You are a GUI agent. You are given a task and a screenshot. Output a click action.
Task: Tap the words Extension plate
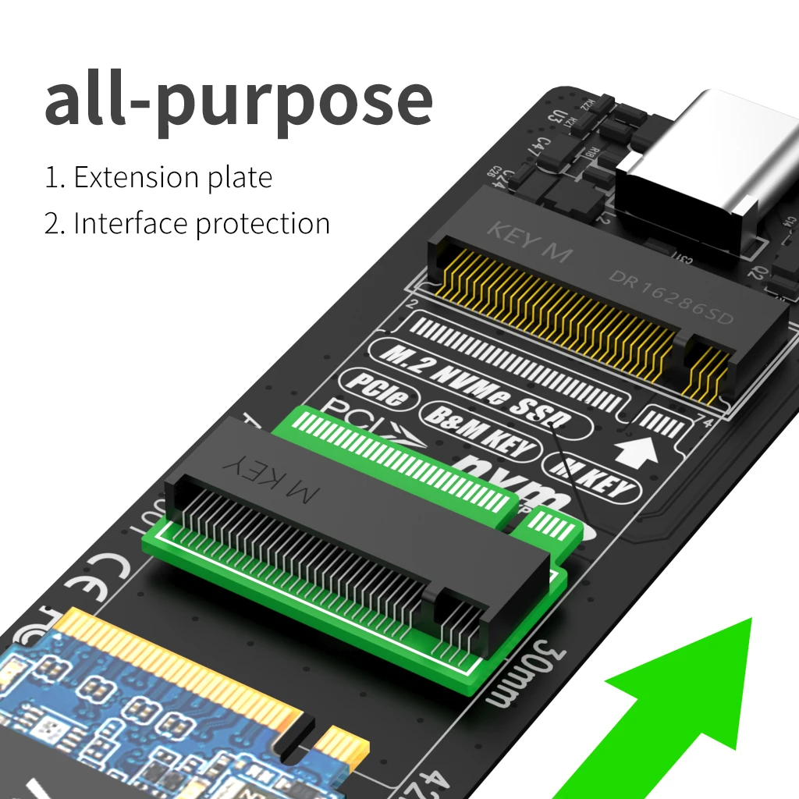[x=172, y=178]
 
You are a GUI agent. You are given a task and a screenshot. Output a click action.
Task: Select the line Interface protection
[x=201, y=224]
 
